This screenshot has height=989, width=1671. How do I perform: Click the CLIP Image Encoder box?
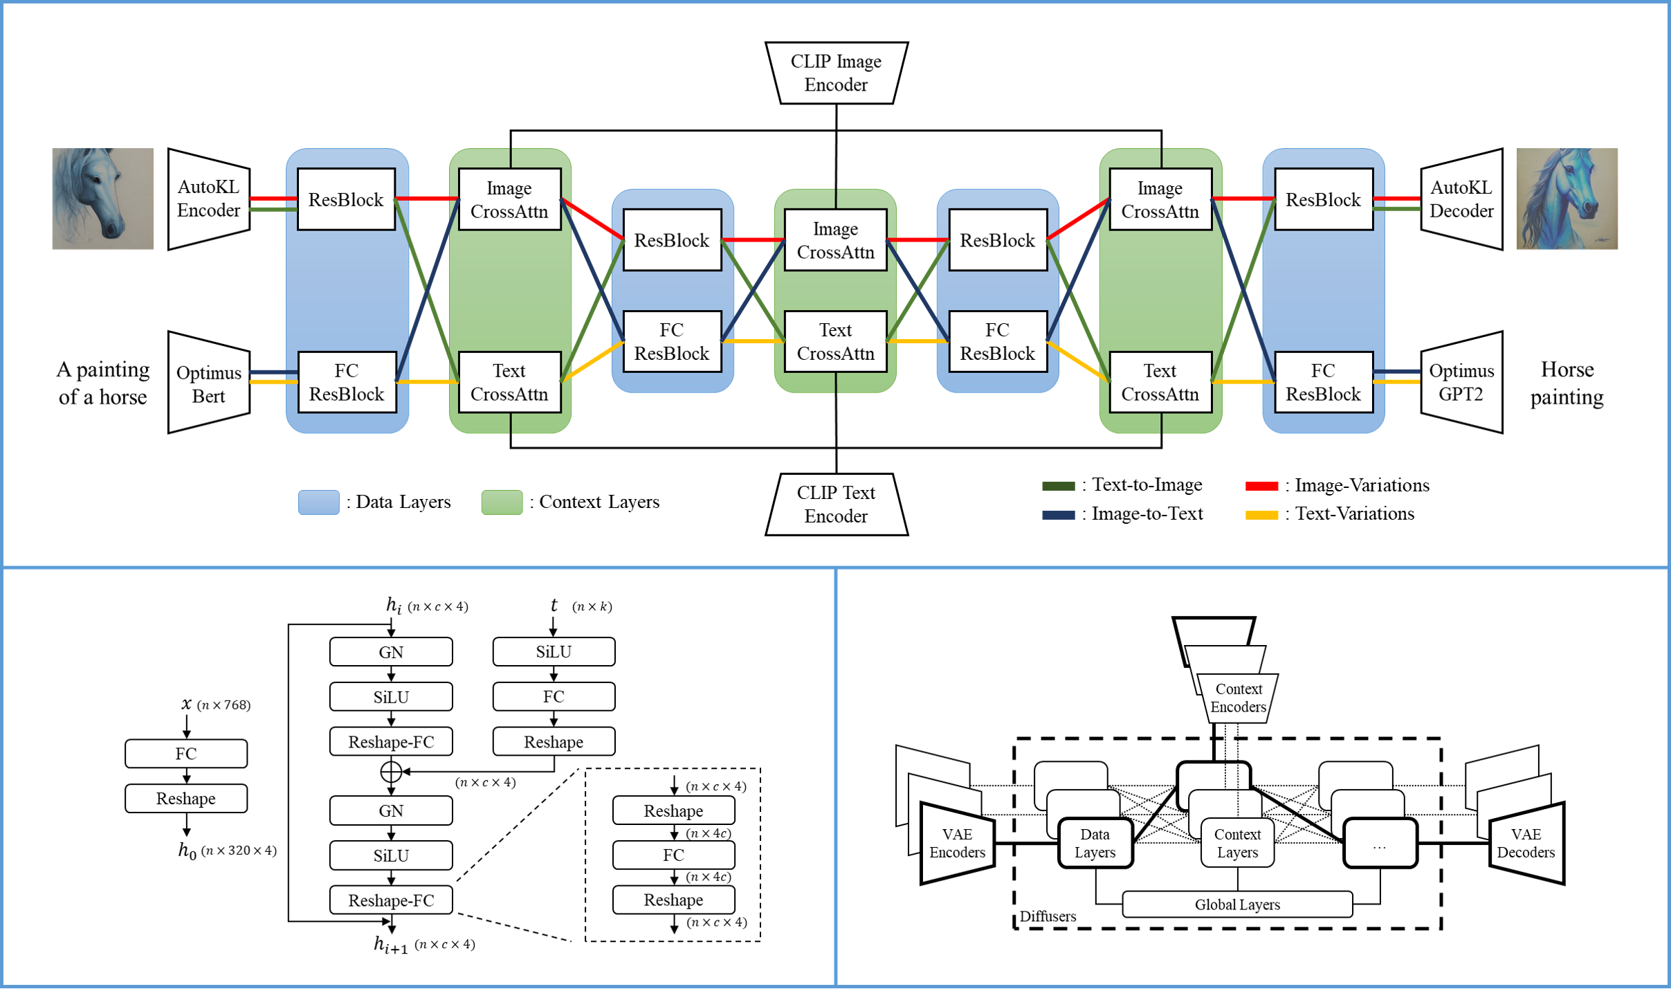tap(836, 73)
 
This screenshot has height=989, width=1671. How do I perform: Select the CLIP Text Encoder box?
tap(836, 505)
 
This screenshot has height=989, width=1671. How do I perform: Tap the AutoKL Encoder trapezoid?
tap(208, 199)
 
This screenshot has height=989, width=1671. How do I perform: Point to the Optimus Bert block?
tap(208, 383)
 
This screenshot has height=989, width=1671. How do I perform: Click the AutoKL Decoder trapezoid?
tap(1461, 199)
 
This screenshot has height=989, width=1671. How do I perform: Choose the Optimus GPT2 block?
tap(1461, 383)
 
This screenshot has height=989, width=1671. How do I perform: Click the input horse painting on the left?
tap(103, 199)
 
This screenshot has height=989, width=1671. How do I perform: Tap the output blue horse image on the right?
tap(1567, 199)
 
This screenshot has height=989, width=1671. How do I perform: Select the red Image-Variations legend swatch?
tap(1261, 486)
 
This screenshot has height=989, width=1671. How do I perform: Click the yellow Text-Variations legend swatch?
tap(1261, 515)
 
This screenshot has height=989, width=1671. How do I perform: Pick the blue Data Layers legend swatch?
tap(318, 502)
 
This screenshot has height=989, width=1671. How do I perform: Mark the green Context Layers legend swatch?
tap(502, 502)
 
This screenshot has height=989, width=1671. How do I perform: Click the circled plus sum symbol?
tap(391, 771)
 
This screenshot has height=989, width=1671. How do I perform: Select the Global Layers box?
tap(1237, 905)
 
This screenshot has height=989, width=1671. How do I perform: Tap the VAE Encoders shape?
tap(957, 844)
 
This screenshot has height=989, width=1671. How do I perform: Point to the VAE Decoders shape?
tap(1526, 844)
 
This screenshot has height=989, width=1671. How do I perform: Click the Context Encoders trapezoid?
tap(1239, 698)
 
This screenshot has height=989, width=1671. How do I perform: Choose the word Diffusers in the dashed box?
tap(1048, 916)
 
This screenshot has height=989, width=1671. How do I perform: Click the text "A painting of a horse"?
tap(103, 383)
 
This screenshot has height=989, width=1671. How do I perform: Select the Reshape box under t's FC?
tap(554, 742)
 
